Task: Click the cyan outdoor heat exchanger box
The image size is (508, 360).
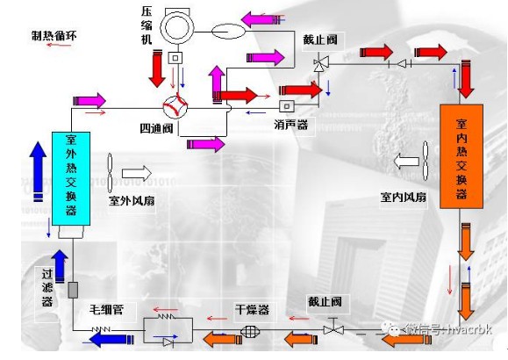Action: point(71,178)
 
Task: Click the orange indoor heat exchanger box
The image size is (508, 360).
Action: point(461,156)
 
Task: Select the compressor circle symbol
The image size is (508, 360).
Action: point(177,27)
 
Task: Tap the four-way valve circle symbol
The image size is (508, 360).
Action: point(175,107)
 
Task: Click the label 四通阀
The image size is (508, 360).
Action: point(156,129)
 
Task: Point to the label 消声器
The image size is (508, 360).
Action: point(291,125)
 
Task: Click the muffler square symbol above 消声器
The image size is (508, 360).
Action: point(287,106)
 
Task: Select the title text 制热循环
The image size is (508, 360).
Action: point(54,36)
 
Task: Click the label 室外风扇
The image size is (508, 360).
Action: point(132,201)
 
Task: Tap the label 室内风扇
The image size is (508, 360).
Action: point(403,197)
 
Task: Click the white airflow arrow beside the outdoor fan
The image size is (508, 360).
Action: point(136,173)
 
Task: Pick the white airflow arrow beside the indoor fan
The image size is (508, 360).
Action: point(406,162)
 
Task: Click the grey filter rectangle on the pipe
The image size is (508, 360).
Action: point(73,290)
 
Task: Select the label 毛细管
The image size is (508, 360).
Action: point(106,310)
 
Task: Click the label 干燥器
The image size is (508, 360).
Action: point(252,310)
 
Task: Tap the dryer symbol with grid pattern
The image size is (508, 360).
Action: point(250,331)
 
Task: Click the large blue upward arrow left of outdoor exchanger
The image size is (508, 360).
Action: point(38,172)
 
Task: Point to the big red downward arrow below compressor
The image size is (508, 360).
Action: point(157,68)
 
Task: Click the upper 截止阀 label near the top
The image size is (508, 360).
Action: point(320,40)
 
